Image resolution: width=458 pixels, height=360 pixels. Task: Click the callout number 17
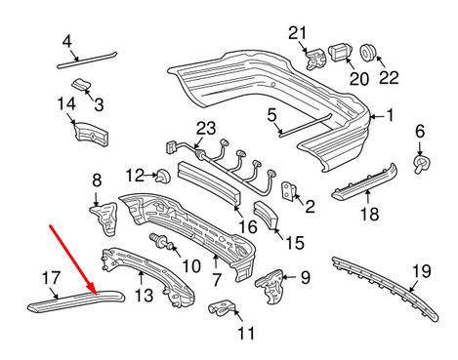click(51, 278)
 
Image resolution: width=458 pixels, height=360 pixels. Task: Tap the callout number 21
click(297, 34)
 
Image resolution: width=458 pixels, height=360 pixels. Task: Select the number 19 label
click(421, 270)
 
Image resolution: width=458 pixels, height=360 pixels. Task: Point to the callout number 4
click(66, 41)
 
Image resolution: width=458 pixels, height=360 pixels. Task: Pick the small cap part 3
click(86, 89)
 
